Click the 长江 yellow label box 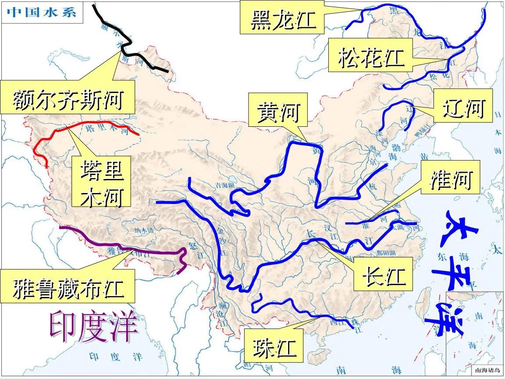[x=383, y=274]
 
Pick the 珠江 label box [x=274, y=348]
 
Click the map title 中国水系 [x=41, y=11]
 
